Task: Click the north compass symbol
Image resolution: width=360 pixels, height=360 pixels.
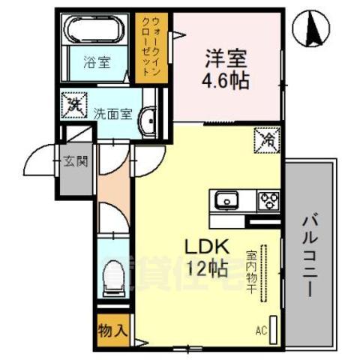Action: tap(316, 30)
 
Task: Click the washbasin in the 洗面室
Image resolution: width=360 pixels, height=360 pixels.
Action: tap(149, 118)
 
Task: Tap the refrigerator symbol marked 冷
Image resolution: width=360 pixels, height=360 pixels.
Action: tap(268, 139)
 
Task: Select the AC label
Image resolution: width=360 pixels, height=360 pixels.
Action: tap(261, 330)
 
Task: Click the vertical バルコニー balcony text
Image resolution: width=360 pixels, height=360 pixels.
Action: tap(310, 255)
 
